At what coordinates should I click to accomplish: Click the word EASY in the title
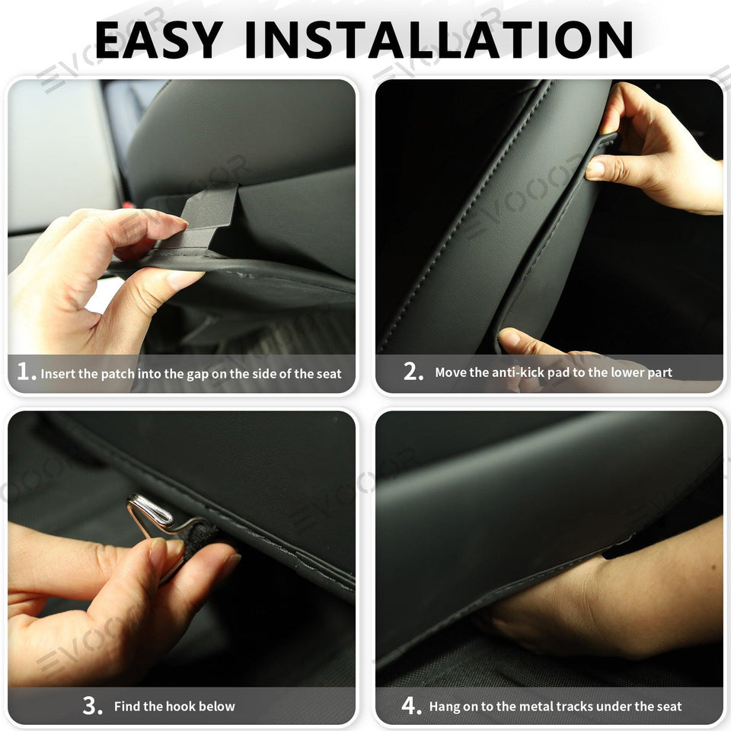point(158,40)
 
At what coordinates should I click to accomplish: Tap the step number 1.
point(26,372)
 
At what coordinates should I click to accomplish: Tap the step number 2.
point(413,372)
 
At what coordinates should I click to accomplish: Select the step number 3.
point(92,706)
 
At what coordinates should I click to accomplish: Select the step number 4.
point(410,706)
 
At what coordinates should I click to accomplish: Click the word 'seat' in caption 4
point(669,707)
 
